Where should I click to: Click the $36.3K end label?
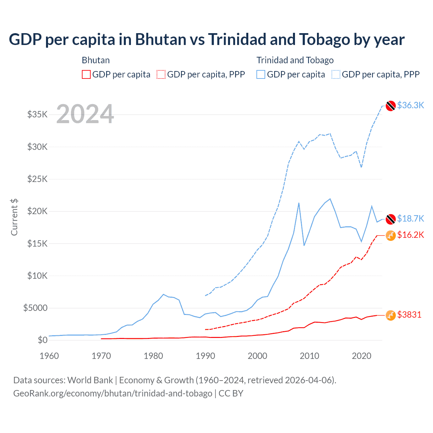click(x=410, y=105)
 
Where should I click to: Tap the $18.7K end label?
click(x=410, y=219)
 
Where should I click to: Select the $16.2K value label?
click(x=410, y=235)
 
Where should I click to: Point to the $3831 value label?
click(x=409, y=315)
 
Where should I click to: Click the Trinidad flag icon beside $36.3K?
click(x=391, y=106)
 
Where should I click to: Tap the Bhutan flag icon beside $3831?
click(x=391, y=315)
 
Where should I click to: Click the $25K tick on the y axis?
click(x=37, y=179)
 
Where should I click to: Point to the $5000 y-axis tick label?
click(x=35, y=308)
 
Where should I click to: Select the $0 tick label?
click(x=42, y=340)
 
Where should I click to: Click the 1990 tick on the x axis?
click(x=205, y=356)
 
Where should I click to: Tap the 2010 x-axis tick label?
click(x=310, y=356)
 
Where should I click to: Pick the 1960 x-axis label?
click(x=49, y=356)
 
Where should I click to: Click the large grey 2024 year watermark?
click(x=85, y=114)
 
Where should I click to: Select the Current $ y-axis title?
click(x=14, y=217)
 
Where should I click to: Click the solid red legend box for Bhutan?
click(x=86, y=74)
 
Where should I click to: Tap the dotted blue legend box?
click(x=336, y=74)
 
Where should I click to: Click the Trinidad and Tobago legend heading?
click(x=295, y=60)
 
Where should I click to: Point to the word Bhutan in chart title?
click(x=161, y=39)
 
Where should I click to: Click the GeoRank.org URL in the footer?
click(x=113, y=393)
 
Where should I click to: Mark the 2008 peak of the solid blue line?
click(x=299, y=203)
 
